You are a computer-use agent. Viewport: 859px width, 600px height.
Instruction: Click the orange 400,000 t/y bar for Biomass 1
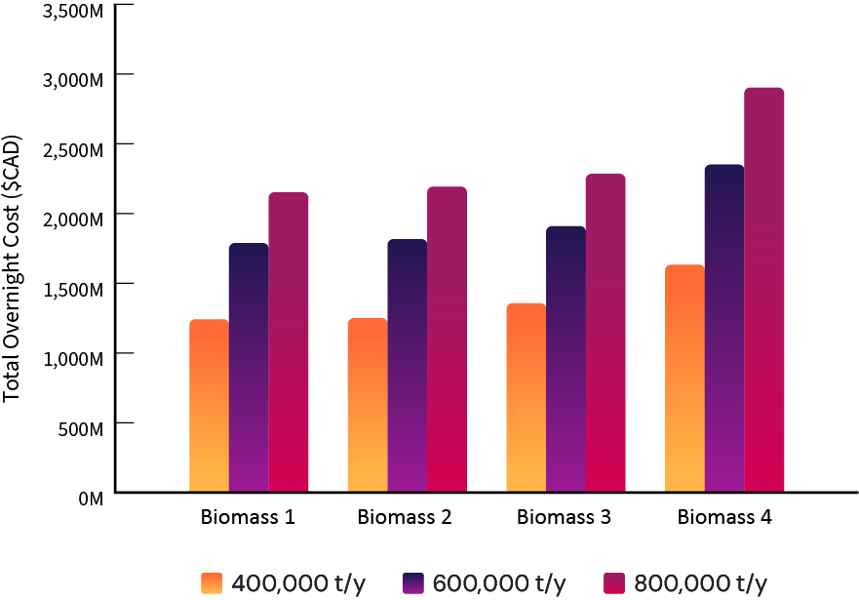209,406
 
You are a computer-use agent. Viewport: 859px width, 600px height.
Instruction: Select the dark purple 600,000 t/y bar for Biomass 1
249,368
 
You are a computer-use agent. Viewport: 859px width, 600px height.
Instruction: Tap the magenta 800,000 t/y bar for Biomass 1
289,342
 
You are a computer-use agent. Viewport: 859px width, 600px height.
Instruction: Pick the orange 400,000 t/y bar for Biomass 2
368,405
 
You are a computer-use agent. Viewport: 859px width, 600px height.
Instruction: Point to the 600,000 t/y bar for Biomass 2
407,366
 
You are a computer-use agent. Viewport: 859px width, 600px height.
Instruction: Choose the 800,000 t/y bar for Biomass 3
605,333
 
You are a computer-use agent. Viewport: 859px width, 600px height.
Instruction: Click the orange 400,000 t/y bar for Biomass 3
527,398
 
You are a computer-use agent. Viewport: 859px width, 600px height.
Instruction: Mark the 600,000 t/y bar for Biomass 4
724,329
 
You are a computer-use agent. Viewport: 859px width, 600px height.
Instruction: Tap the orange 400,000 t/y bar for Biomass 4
684,379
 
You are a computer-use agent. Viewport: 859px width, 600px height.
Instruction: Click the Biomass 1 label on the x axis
249,517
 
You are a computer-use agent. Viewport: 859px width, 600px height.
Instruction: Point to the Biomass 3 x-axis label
566,517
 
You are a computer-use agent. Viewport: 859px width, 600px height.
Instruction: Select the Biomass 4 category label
724,517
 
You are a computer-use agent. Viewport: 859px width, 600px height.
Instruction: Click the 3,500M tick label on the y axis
70,13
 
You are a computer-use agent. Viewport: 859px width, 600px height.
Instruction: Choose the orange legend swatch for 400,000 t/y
214,582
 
